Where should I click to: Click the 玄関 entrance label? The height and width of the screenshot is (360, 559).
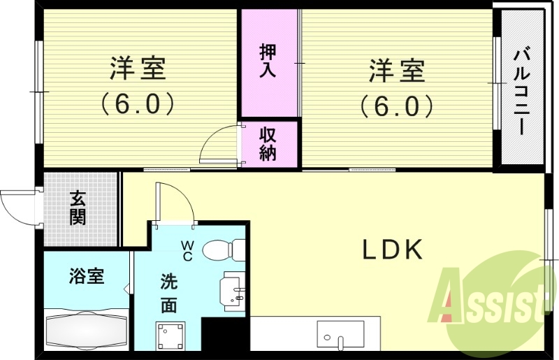[x=78, y=208]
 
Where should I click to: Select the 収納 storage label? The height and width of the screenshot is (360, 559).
[x=269, y=143]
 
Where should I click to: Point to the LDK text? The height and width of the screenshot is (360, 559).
[x=392, y=250]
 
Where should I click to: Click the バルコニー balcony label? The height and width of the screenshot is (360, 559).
[x=521, y=91]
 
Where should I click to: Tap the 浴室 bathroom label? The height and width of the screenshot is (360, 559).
[x=87, y=276]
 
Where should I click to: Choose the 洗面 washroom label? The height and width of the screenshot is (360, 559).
[x=168, y=294]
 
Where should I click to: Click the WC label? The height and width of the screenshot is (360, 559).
[x=189, y=250]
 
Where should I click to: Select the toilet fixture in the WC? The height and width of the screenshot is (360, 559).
[x=228, y=248]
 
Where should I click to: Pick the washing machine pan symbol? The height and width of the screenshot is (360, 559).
[x=170, y=336]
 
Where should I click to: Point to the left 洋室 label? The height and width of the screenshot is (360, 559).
[x=137, y=70]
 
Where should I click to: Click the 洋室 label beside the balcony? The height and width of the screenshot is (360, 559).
[x=397, y=70]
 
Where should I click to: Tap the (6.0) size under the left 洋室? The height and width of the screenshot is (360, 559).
[x=137, y=104]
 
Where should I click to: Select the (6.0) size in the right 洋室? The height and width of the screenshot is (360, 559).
[x=397, y=106]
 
